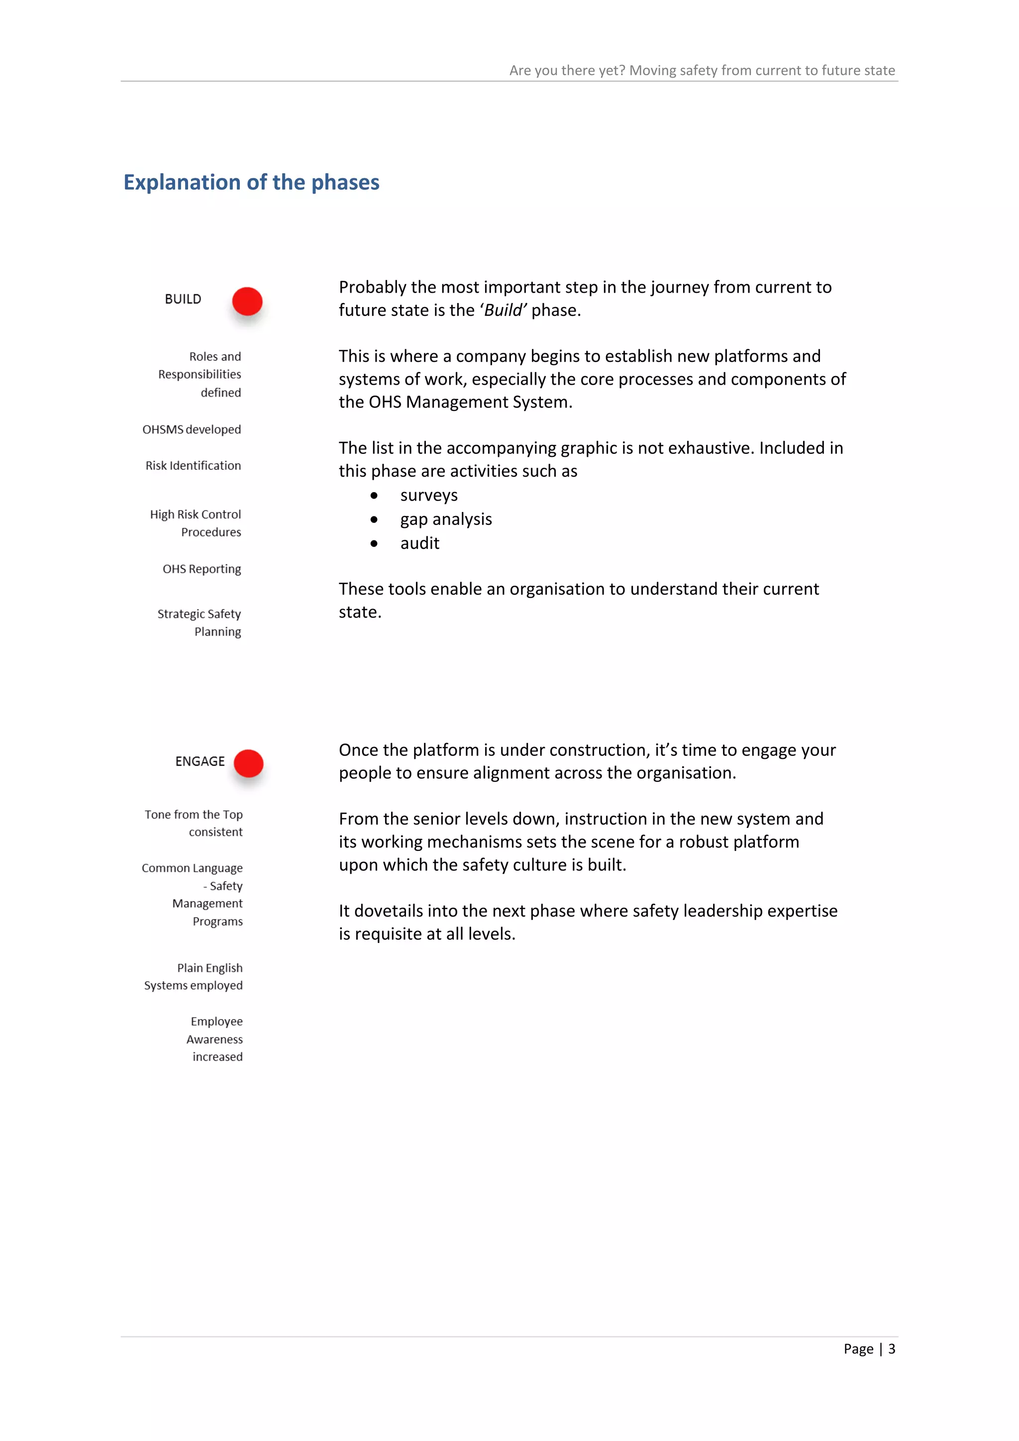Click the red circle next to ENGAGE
click(x=248, y=763)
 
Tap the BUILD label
click(x=183, y=300)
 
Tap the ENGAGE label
click(x=200, y=761)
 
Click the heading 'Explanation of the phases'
click(x=251, y=182)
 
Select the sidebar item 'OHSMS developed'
click(x=192, y=430)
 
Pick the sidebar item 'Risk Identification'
click(x=193, y=466)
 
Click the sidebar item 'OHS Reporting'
click(x=202, y=569)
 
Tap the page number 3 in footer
click(x=891, y=1349)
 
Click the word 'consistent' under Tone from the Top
click(x=215, y=832)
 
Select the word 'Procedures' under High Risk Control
click(x=211, y=532)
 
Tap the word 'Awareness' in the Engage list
click(x=214, y=1039)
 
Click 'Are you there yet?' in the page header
click(x=567, y=70)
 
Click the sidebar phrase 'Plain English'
click(x=209, y=968)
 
